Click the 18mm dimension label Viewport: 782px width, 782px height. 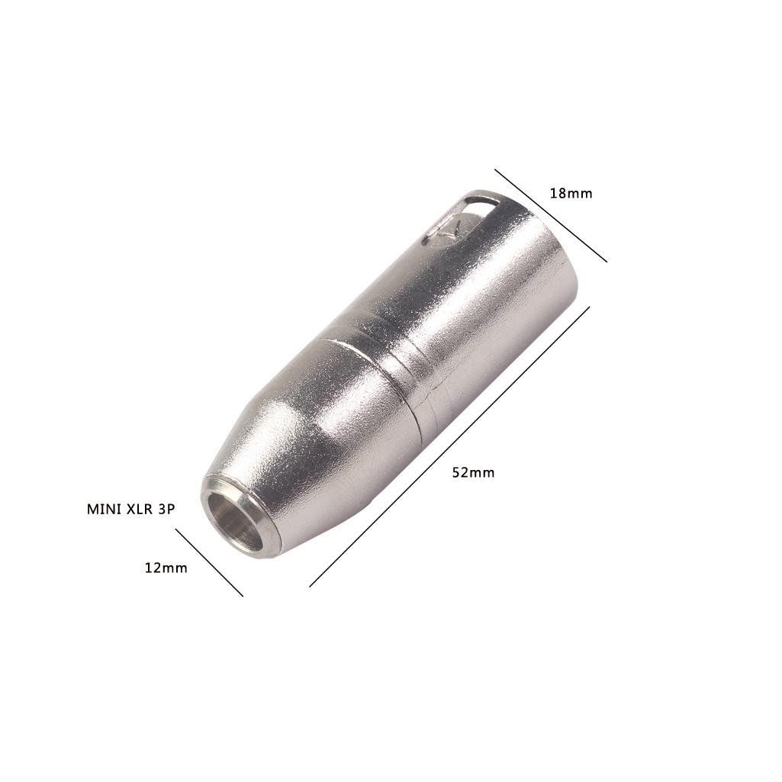pyautogui.click(x=571, y=193)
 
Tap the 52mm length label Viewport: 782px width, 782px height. pyautogui.click(x=473, y=472)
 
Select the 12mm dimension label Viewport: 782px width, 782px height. pyautogui.click(x=166, y=568)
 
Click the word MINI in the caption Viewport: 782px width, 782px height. pyautogui.click(x=103, y=509)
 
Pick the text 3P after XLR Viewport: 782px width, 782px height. pyautogui.click(x=166, y=509)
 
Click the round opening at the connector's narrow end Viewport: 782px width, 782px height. pyautogui.click(x=233, y=522)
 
